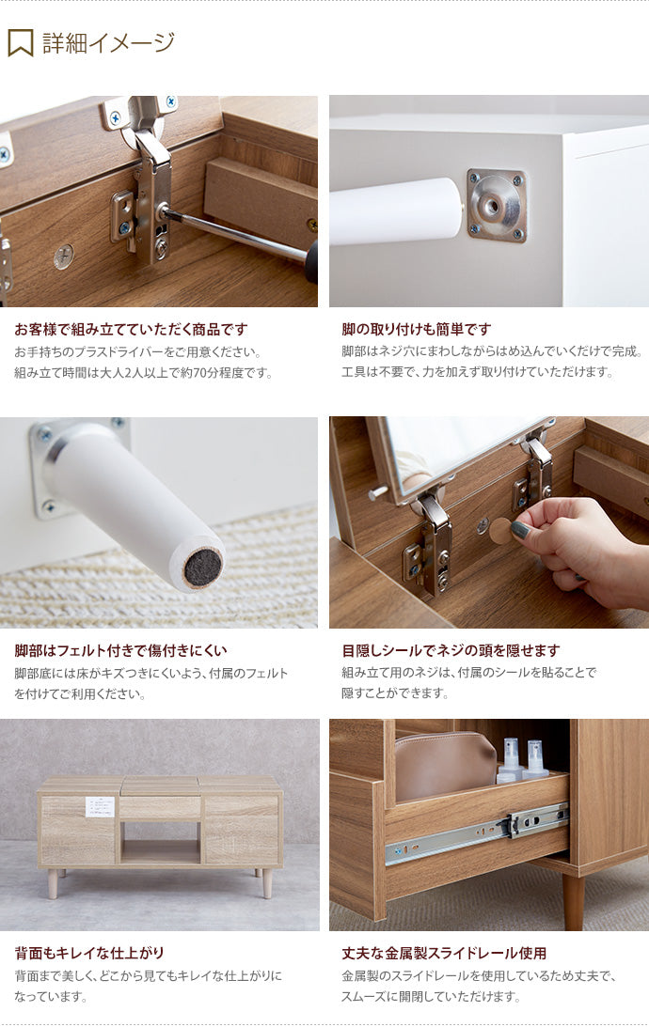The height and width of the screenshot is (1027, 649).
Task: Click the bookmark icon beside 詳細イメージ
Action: [x=20, y=42]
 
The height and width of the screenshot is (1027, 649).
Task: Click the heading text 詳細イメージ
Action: [x=108, y=42]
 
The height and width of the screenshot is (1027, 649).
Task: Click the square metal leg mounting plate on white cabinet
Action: [x=496, y=206]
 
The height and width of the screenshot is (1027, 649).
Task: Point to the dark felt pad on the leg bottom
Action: [x=202, y=568]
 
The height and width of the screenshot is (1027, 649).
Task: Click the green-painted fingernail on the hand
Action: [x=520, y=530]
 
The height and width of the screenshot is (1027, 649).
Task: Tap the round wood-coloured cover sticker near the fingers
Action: [x=500, y=530]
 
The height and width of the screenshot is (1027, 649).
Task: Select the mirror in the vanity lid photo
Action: [x=451, y=451]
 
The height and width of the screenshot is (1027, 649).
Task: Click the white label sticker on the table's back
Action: [x=100, y=806]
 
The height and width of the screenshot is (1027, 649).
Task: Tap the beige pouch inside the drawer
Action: [x=444, y=766]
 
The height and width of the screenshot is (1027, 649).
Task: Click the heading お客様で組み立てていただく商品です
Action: [x=131, y=329]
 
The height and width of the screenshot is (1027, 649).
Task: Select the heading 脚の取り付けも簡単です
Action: [x=416, y=329]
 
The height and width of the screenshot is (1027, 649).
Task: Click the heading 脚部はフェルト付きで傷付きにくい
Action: [x=120, y=650]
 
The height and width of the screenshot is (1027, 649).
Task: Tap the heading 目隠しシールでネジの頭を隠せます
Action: [x=451, y=650]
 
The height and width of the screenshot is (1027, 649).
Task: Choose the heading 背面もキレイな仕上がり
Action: [x=89, y=953]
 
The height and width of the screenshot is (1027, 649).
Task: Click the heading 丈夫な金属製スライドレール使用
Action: [x=444, y=953]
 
